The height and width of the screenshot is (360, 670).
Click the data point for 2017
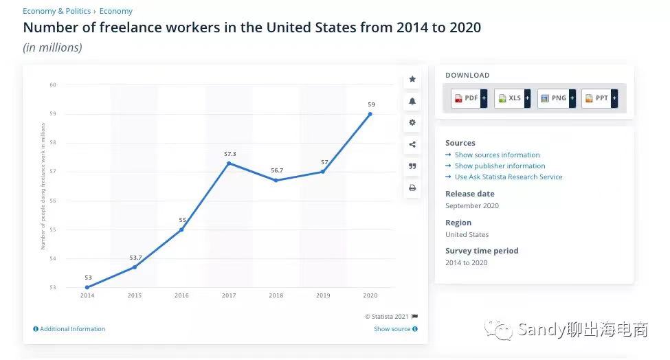point(229,163)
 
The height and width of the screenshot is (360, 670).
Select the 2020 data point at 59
point(370,114)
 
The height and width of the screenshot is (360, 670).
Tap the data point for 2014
point(87,287)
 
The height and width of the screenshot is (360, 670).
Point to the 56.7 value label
point(276,170)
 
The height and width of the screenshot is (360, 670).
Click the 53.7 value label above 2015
point(135,258)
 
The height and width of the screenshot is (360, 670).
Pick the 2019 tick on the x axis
point(323,295)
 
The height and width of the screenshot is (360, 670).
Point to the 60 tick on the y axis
point(52,85)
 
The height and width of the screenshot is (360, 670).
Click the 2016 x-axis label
point(181,295)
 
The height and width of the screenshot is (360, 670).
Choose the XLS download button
point(513,98)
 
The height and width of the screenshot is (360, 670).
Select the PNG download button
point(557,98)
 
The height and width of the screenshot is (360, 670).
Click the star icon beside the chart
point(412,79)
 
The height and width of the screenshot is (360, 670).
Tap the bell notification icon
point(412,101)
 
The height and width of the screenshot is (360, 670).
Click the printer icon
point(412,188)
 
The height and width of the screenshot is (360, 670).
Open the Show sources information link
point(497,155)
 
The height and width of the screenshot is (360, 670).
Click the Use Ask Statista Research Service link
point(508,177)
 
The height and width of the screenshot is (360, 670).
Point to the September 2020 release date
point(472,206)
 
